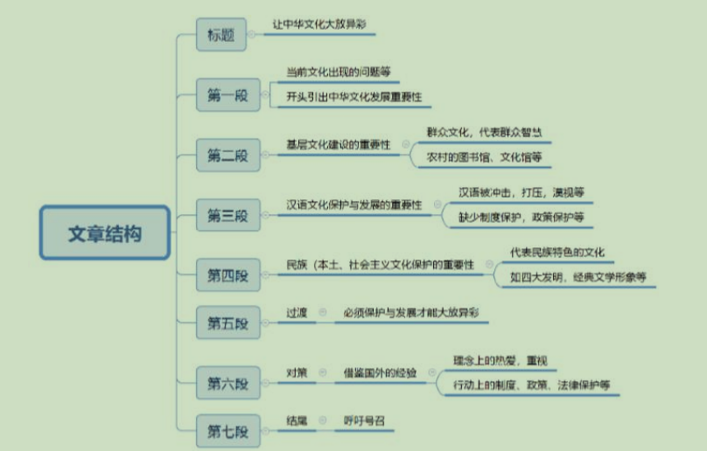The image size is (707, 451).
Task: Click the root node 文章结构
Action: point(105,233)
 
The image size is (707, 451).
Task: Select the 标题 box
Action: point(221,36)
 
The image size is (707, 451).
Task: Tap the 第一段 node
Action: point(227,96)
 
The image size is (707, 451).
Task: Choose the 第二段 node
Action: point(227,156)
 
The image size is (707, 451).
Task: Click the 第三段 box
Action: point(227,214)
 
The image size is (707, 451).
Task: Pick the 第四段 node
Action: point(227,276)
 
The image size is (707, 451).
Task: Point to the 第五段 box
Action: point(227,323)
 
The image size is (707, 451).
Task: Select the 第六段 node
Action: point(227,383)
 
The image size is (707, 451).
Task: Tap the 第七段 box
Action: point(227,431)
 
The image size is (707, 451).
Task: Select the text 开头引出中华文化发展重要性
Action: point(353,97)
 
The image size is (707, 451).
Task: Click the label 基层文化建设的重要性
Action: point(338,144)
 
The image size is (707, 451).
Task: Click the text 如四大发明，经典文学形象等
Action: point(578,277)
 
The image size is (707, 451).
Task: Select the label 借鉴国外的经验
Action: point(381,372)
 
